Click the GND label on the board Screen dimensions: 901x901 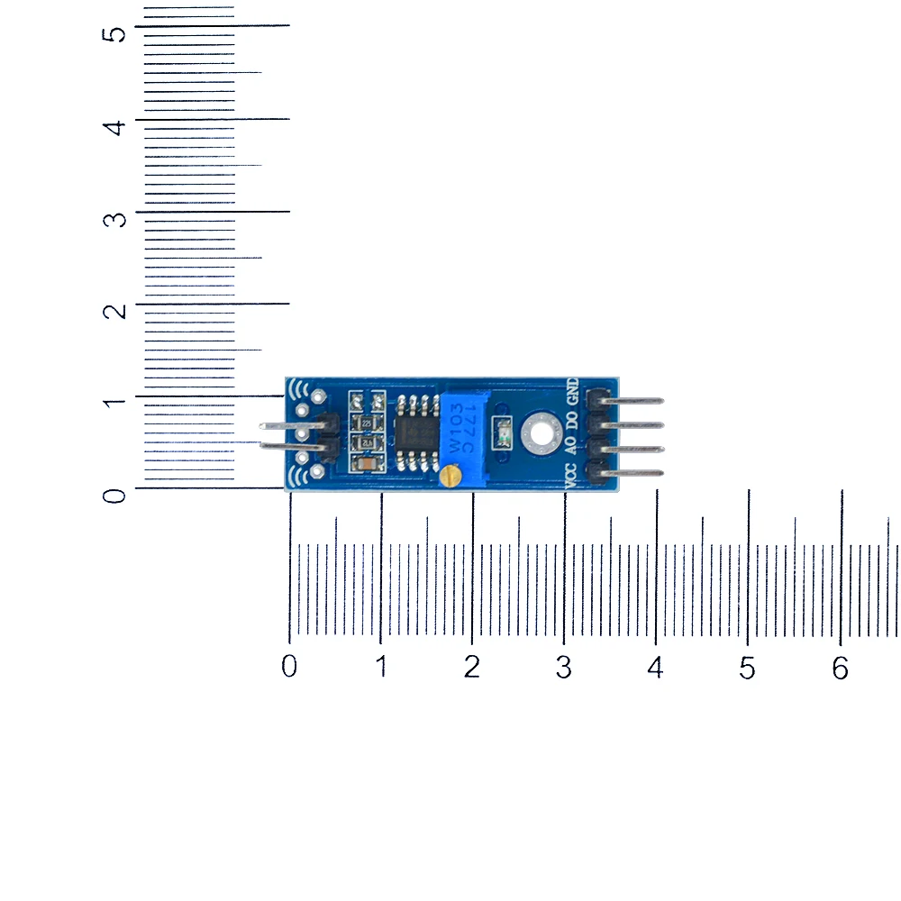571,394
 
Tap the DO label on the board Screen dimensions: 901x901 570,419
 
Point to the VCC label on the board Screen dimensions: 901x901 570,473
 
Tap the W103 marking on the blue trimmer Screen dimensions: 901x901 456,429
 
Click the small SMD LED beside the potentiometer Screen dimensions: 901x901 504,433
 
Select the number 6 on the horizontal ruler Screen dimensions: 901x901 841,669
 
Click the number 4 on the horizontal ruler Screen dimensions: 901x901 655,669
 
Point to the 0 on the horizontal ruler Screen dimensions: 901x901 289,668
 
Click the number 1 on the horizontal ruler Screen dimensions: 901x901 382,668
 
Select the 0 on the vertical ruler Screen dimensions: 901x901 114,496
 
